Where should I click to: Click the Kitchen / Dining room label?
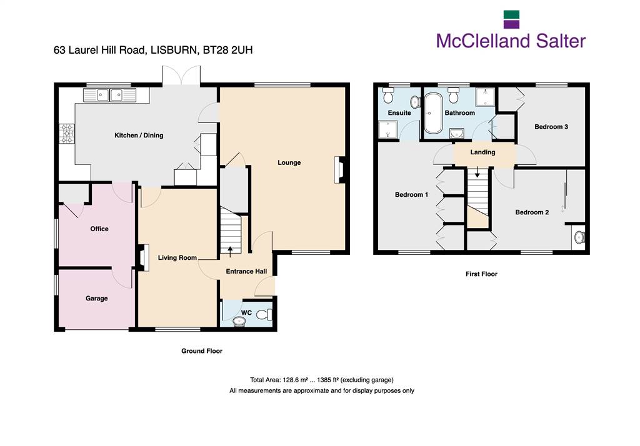(x=139, y=136)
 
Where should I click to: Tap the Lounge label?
(x=289, y=162)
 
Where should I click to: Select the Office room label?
(x=99, y=229)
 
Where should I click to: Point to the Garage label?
(x=97, y=299)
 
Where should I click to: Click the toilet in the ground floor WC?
(x=266, y=315)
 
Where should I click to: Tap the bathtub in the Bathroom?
(x=433, y=114)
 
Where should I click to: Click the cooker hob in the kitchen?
(x=67, y=134)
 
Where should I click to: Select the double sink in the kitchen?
(x=109, y=95)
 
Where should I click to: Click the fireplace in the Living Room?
(x=143, y=257)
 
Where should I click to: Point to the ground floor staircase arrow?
(x=230, y=251)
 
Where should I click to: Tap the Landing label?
(x=482, y=152)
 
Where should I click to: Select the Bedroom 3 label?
(x=551, y=127)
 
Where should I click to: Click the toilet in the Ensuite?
(x=388, y=96)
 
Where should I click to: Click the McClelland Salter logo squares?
(x=511, y=19)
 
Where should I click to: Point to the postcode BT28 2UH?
(x=227, y=50)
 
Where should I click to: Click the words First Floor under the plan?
(x=481, y=274)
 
